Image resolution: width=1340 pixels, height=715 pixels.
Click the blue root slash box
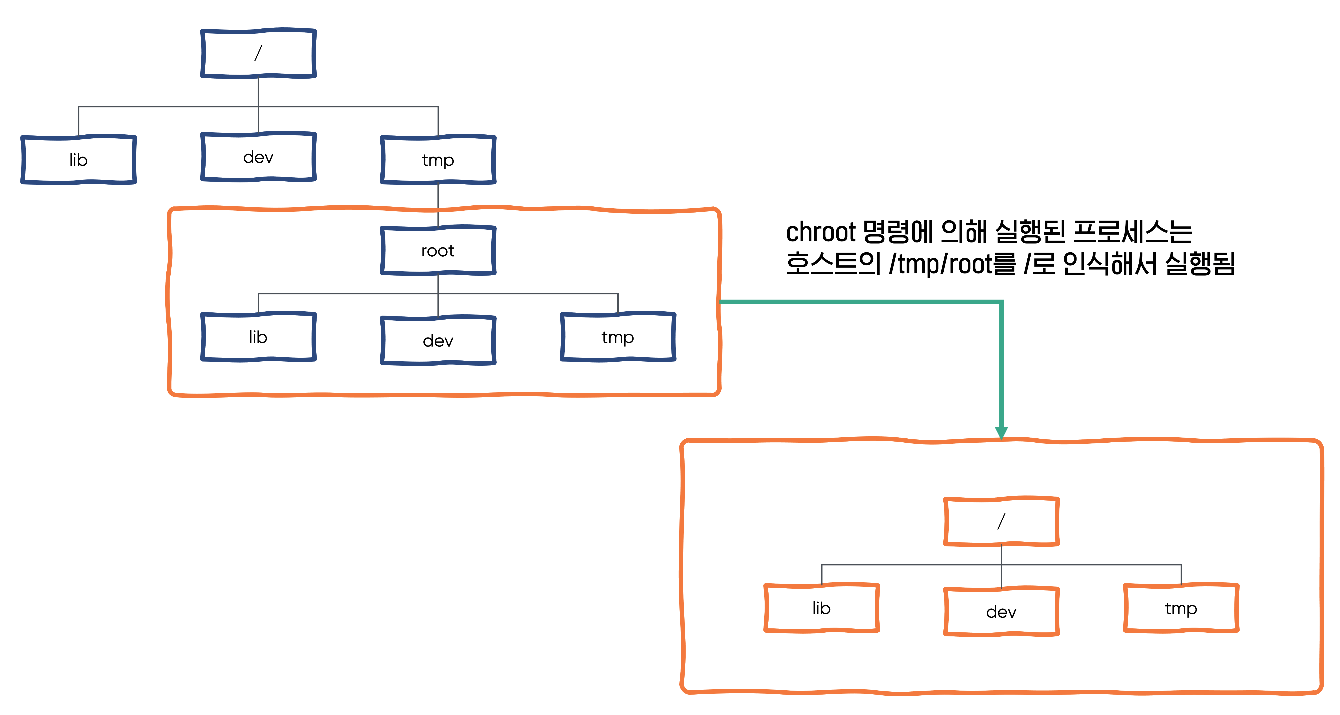point(258,53)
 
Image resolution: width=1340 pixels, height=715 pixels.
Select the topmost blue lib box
point(79,160)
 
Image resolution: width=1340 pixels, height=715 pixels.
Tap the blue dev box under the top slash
point(258,157)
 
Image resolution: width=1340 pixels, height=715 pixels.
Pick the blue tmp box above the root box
point(438,160)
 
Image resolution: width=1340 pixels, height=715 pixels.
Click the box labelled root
point(438,251)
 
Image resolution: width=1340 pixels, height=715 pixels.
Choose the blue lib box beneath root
point(258,337)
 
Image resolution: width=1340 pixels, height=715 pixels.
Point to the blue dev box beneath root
point(438,340)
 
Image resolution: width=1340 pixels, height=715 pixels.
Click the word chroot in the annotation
point(820,232)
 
